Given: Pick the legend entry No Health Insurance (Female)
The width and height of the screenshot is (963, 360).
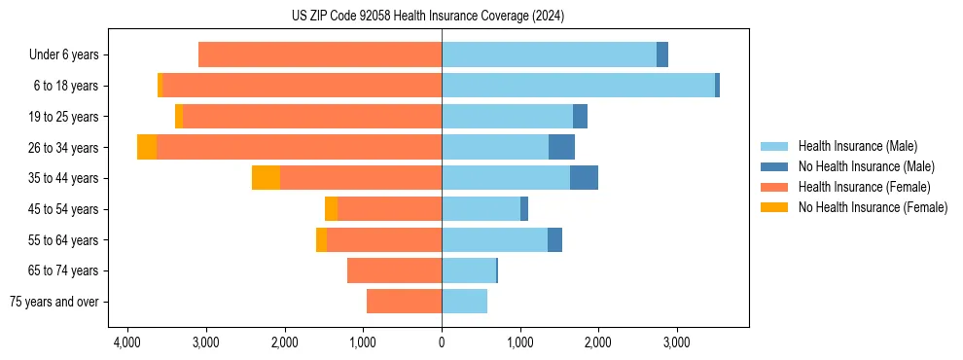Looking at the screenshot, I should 873,207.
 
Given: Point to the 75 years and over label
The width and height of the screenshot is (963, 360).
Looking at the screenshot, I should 54,302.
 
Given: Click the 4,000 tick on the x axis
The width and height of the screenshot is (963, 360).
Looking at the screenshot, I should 127,342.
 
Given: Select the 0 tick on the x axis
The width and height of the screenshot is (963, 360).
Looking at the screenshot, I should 442,342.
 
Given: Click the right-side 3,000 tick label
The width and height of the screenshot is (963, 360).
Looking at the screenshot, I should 677,342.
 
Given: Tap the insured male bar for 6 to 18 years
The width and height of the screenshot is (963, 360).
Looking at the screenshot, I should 578,86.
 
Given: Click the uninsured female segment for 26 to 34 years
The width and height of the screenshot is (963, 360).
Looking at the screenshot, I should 147,147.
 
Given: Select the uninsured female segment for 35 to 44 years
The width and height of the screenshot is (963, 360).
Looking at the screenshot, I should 266,178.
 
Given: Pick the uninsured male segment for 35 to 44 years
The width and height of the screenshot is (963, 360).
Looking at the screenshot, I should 584,178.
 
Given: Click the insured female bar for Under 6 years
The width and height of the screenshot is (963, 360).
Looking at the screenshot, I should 320,55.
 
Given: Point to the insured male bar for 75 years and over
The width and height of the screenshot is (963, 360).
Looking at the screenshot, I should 464,302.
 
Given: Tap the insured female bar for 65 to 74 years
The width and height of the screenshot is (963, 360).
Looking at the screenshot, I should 394,270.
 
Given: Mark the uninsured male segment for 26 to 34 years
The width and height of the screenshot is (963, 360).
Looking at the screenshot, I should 561,147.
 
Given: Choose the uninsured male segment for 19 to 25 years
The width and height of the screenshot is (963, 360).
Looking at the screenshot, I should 580,117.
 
